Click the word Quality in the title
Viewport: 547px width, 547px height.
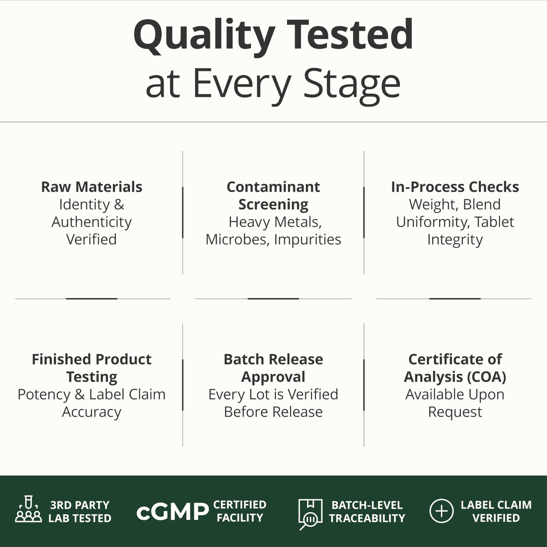pos(204,37)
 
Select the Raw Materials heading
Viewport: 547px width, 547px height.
pos(91,187)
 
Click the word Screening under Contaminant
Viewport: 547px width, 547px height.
pos(273,205)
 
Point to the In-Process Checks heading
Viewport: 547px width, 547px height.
pos(455,187)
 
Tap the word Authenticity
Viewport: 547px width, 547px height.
pos(91,222)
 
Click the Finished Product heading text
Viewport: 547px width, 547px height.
pos(91,359)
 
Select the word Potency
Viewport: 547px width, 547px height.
pos(44,395)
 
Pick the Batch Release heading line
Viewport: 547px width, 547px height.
pos(273,359)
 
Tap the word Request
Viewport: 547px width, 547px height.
pos(455,412)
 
